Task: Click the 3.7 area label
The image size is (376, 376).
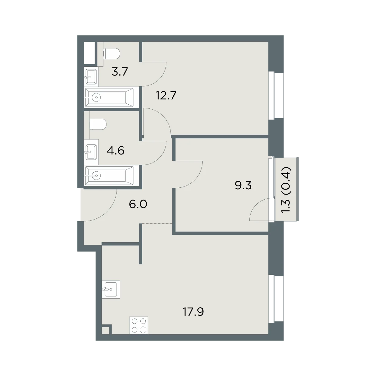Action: click(x=120, y=72)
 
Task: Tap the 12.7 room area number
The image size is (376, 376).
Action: click(x=166, y=96)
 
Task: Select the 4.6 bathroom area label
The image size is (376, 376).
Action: click(x=116, y=151)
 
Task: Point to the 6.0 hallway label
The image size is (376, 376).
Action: click(x=138, y=204)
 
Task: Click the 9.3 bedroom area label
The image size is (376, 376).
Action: click(x=243, y=185)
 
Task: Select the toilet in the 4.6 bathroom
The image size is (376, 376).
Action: click(x=98, y=124)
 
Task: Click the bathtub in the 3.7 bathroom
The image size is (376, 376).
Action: click(x=109, y=97)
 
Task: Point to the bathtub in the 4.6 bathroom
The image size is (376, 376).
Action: click(x=109, y=175)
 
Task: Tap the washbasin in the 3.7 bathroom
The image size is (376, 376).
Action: click(x=90, y=76)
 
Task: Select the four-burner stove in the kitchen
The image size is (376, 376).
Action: click(x=139, y=325)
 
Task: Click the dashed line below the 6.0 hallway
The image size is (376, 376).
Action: click(x=157, y=223)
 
